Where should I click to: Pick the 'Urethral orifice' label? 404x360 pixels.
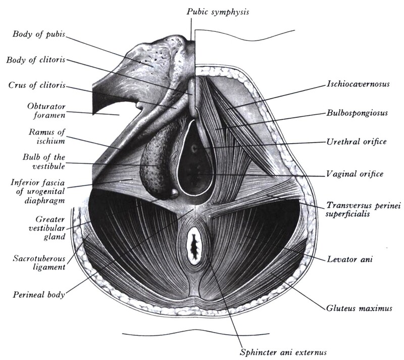pyautogui.click(x=356, y=142)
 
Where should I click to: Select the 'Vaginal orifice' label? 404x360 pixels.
pyautogui.click(x=355, y=174)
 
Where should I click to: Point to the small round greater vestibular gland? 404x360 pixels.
pyautogui.click(x=174, y=192)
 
